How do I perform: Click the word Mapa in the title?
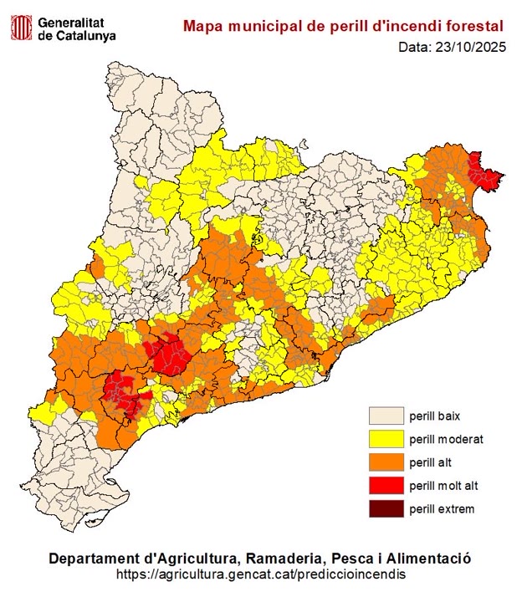(x=204, y=27)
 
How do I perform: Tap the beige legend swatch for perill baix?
(x=386, y=415)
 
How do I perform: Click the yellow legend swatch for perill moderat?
(x=386, y=438)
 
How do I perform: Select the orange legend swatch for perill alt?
(x=386, y=462)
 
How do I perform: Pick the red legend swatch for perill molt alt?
(x=386, y=485)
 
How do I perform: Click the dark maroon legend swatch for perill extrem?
(x=386, y=508)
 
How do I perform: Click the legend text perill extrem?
(x=441, y=508)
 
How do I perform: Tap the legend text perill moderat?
(x=446, y=438)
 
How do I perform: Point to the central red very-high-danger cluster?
(x=171, y=352)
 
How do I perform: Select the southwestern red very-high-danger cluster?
(x=121, y=393)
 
